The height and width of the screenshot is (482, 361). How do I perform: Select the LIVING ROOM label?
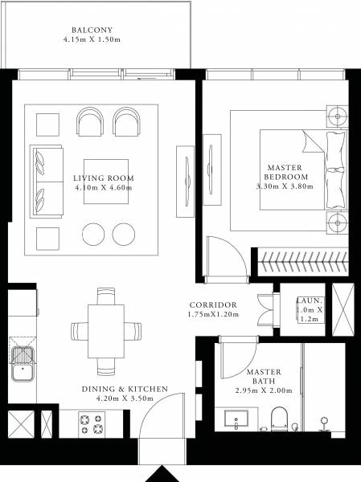[103, 178]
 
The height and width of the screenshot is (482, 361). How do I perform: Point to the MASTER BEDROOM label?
[287, 172]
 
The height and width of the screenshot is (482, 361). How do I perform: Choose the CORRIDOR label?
[212, 305]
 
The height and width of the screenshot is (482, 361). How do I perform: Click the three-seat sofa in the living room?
[47, 182]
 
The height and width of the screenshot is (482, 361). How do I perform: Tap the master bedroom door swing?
[223, 257]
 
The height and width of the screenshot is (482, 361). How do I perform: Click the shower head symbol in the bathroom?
[325, 421]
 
